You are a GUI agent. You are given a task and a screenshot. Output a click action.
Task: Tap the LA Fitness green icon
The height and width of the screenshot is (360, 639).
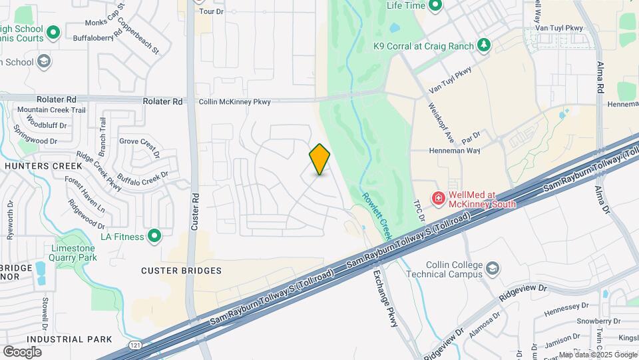(x=154, y=236)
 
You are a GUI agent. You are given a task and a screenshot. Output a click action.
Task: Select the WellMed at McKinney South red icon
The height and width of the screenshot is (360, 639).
(x=439, y=198)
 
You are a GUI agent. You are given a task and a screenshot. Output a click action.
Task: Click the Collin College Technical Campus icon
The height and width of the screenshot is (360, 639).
(x=493, y=269)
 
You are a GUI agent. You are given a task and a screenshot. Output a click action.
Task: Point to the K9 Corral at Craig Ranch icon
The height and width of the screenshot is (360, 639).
(x=485, y=45)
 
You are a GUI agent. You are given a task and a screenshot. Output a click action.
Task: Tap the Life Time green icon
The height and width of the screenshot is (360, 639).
(x=435, y=7)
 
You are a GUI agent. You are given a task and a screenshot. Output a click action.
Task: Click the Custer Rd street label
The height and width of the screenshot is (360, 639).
(x=195, y=212)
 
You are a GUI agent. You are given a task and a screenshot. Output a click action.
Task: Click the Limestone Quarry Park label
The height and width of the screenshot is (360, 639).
(x=74, y=253)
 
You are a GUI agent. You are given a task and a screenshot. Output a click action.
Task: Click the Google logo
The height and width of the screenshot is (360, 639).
(x=22, y=351)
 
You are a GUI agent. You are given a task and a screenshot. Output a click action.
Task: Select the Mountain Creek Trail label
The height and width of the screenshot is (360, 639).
(x=51, y=110)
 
